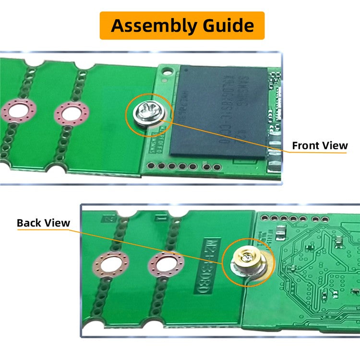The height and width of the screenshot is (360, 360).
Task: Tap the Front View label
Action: (320, 145)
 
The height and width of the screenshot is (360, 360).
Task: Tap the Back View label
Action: (43, 223)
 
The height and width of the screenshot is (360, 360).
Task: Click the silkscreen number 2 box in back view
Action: (109, 218)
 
